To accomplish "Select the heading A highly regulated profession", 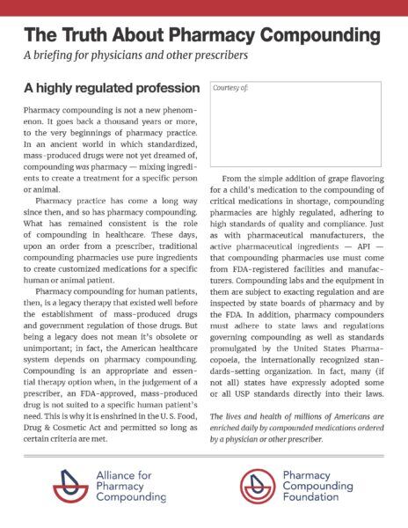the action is [x=112, y=90].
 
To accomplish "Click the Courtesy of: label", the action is [x=230, y=90].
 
